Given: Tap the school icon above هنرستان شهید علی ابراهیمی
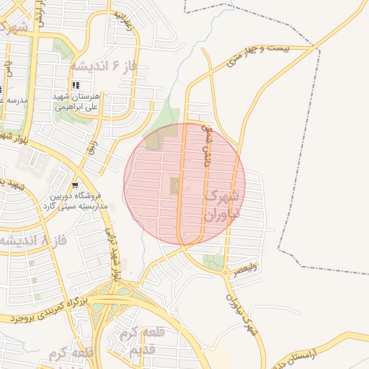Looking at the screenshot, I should click(76, 85).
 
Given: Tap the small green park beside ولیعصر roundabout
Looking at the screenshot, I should click(213, 262).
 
